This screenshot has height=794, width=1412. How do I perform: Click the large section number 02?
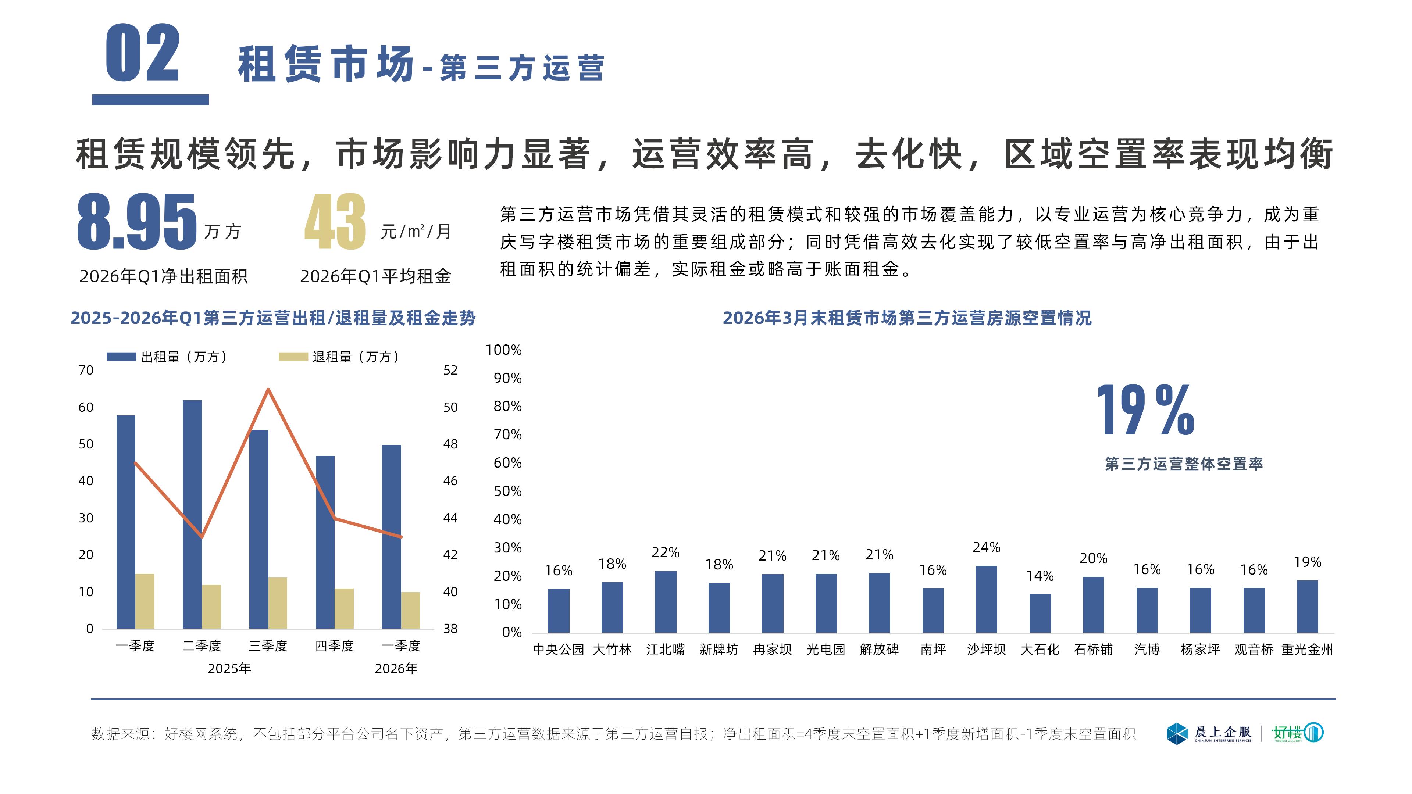143,53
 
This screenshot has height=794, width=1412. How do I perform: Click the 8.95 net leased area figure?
137,222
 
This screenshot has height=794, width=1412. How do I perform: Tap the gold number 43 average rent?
335,222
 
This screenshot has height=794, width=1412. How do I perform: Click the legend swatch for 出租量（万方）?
121,357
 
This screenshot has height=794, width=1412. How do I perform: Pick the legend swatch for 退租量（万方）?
293,357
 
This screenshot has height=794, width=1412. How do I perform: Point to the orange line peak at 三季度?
268,390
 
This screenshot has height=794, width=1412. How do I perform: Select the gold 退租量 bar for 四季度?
344,608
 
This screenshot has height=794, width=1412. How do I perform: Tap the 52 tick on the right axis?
450,371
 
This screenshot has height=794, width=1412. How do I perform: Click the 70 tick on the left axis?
86,371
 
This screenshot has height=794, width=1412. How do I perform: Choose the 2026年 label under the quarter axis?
396,669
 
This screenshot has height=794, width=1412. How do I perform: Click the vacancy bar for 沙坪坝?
986,599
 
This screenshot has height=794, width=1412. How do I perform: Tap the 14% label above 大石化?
1040,576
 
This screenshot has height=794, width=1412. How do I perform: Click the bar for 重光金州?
1307,606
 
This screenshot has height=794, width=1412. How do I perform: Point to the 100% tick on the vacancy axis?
503,350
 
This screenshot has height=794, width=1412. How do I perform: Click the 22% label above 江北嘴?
666,552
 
